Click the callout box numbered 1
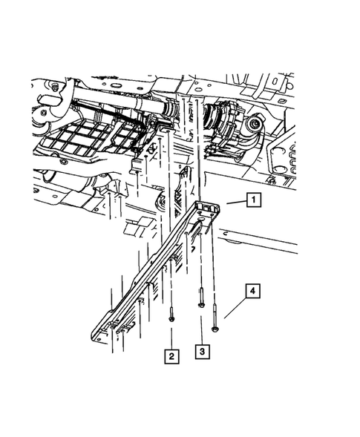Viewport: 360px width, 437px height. coord(254,200)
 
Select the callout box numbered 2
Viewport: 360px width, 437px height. coord(171,356)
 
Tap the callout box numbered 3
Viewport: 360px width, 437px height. coord(200,349)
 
